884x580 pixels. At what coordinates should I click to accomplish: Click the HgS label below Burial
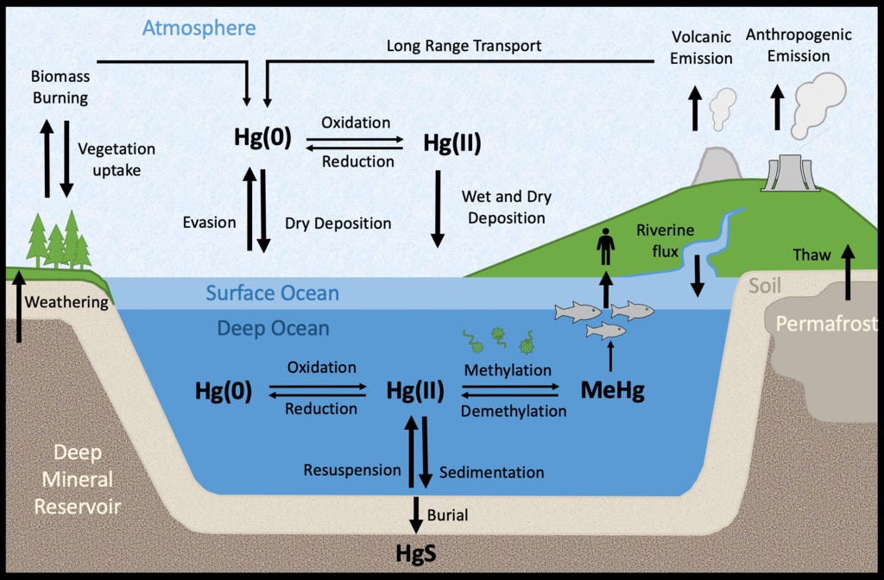416,553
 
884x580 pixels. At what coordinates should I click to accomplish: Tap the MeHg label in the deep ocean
612,390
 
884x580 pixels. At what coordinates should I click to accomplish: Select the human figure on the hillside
605,246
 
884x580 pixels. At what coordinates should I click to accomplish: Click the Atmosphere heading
199,28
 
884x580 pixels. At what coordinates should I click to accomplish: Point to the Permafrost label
826,323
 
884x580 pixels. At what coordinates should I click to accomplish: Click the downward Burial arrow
416,514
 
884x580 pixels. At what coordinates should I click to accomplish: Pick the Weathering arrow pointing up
19,306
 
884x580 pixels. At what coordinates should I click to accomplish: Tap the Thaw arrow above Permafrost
848,272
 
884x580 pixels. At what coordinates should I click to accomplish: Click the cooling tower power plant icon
790,173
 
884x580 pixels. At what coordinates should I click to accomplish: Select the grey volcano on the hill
716,166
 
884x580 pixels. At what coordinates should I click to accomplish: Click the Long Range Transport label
464,46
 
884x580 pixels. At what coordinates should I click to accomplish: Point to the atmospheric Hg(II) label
452,142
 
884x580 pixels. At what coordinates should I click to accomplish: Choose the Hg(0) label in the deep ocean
224,391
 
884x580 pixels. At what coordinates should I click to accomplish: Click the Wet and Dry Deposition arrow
438,209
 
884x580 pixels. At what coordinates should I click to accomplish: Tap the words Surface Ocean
272,293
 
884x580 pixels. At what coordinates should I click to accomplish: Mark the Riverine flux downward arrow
698,275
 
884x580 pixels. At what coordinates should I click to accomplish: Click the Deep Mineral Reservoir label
78,479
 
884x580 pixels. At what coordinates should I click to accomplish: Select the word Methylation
508,370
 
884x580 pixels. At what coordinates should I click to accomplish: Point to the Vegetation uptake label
117,160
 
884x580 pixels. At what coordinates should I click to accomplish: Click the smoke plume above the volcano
723,108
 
